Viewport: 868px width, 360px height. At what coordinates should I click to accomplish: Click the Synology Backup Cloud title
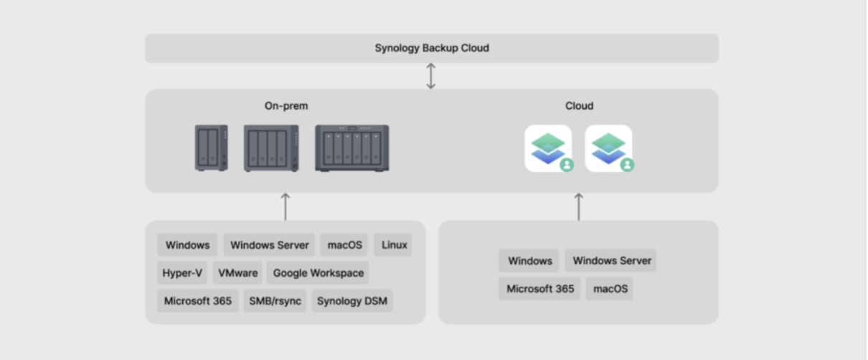click(x=432, y=48)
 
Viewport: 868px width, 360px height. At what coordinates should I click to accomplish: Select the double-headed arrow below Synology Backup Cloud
click(x=431, y=76)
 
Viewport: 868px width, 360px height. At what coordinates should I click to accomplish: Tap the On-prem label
click(x=286, y=106)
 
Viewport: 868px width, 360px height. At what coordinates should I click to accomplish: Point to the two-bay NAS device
click(x=211, y=148)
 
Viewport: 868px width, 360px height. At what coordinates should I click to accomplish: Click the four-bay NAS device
click(x=271, y=148)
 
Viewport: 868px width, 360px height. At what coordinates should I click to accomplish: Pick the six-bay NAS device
click(x=352, y=148)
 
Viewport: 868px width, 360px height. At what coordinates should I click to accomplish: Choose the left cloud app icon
click(x=549, y=148)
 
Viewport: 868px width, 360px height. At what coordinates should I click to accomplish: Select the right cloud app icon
click(x=609, y=148)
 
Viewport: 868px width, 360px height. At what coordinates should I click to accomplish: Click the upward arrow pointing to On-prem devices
click(x=286, y=207)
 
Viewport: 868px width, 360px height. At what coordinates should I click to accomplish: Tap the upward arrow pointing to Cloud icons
click(x=579, y=207)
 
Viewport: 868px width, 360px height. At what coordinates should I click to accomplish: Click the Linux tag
click(x=394, y=245)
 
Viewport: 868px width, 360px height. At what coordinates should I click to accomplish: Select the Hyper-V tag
click(x=182, y=273)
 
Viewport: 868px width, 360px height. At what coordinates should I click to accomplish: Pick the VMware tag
click(x=237, y=273)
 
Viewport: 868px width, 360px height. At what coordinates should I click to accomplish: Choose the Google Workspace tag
click(x=318, y=273)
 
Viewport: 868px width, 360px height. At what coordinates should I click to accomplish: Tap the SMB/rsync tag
click(x=275, y=301)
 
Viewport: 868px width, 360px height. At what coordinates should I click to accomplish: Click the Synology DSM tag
click(x=352, y=301)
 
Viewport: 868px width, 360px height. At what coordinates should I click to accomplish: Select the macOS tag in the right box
click(x=610, y=289)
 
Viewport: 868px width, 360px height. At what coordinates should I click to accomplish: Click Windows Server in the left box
click(x=270, y=245)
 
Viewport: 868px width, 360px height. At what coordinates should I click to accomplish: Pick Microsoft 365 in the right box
click(x=540, y=289)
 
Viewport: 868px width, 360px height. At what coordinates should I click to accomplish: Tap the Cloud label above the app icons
click(x=579, y=106)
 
